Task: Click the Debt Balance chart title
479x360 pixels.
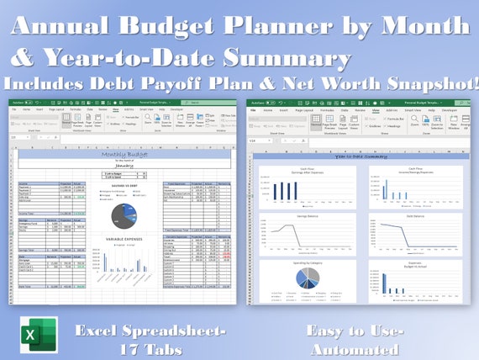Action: point(408,216)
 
